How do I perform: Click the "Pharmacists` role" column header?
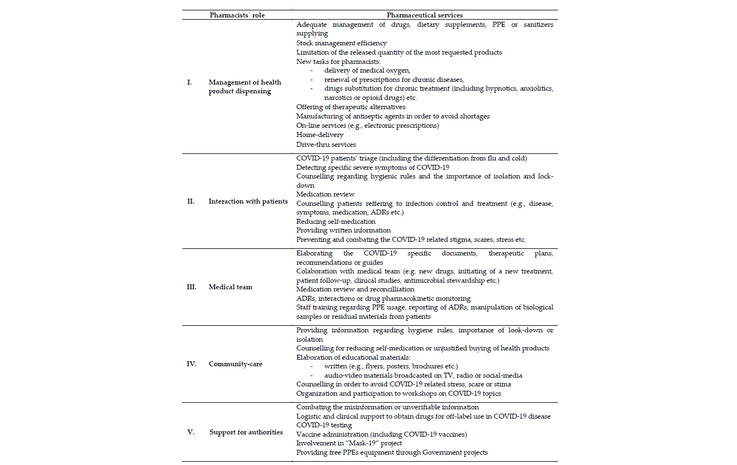(237, 15)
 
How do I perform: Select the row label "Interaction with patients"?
(248, 201)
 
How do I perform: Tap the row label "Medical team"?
(230, 287)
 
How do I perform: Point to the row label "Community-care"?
(235, 364)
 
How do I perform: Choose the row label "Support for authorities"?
(246, 432)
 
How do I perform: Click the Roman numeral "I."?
(189, 82)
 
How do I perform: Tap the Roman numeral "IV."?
(191, 364)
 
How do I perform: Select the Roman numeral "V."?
(191, 432)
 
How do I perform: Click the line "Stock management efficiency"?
(341, 43)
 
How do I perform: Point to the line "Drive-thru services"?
(326, 145)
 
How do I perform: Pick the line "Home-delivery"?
(320, 134)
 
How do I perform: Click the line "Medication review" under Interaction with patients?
(325, 194)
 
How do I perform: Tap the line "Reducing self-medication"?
(336, 222)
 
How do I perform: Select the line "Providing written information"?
(343, 230)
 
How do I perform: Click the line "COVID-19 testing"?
(324, 425)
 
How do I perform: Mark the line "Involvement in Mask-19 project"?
(349, 443)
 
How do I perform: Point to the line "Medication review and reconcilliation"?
(355, 289)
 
